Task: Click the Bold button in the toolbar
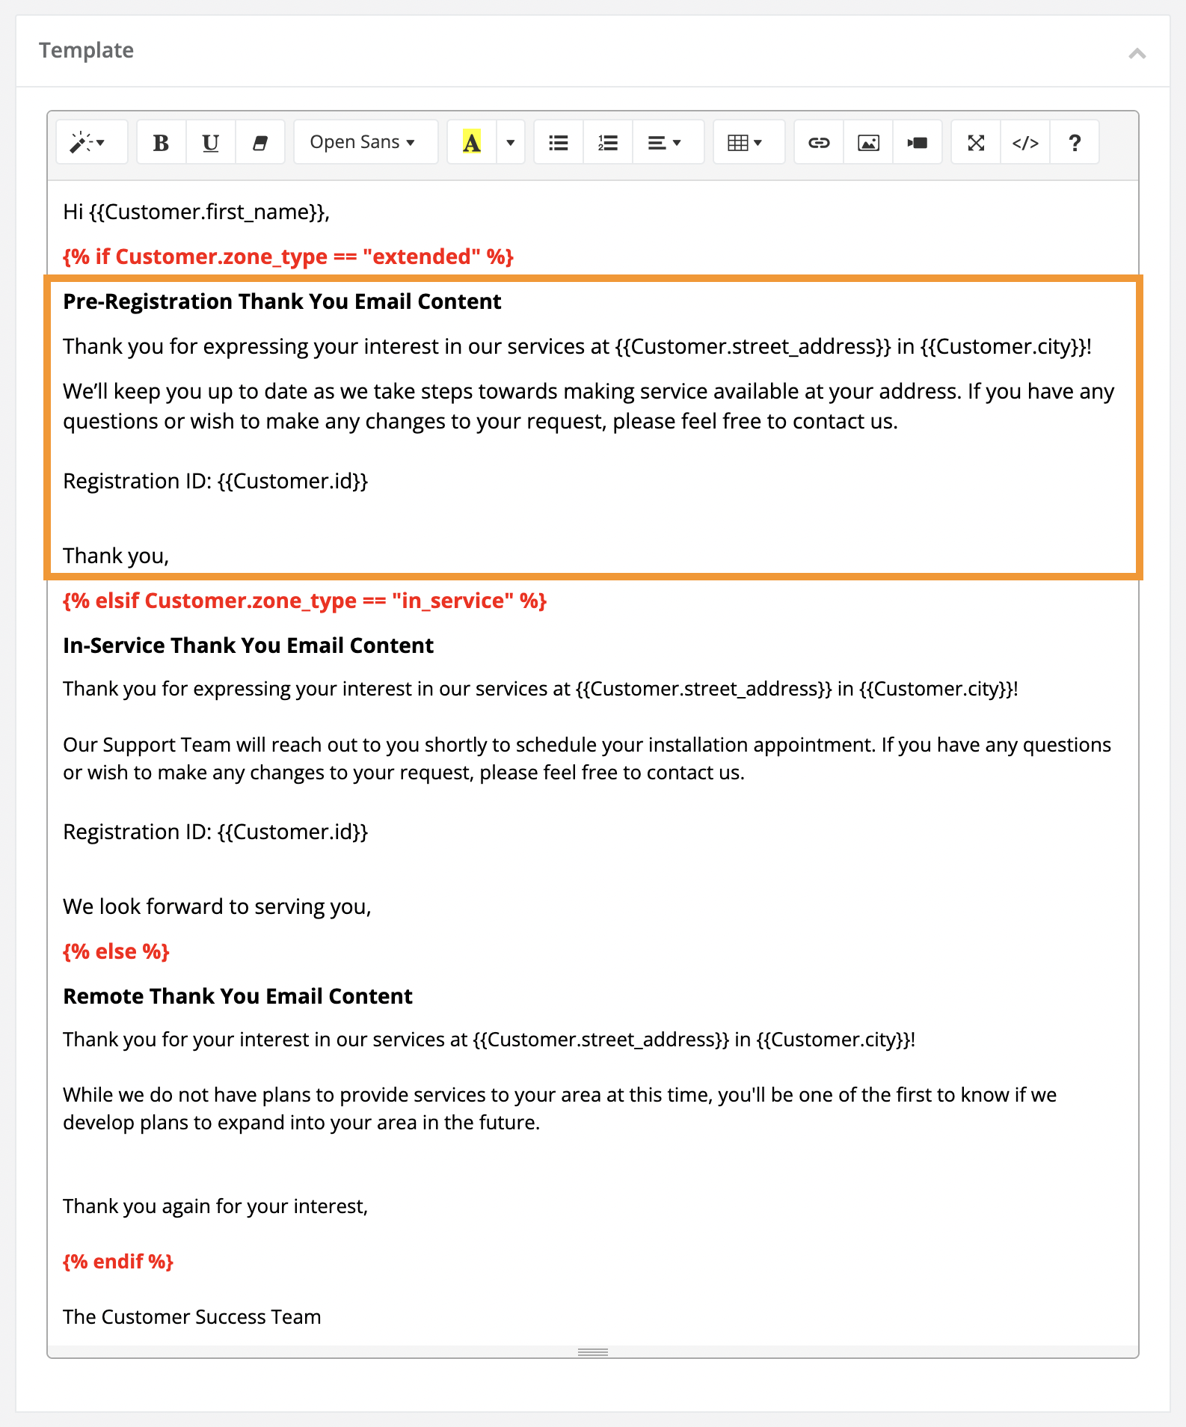[x=161, y=142]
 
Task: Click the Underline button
[x=211, y=142]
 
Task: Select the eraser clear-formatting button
[x=260, y=142]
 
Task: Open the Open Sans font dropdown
[x=363, y=142]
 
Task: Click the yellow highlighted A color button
[x=472, y=142]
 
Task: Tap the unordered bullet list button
[x=559, y=142]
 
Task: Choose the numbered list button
[x=608, y=142]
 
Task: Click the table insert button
[x=745, y=142]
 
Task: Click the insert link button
[x=819, y=142]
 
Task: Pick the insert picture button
[x=868, y=142]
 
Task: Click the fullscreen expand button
[x=976, y=142]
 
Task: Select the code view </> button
[x=1025, y=142]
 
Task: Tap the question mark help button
[x=1075, y=142]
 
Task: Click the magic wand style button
[x=87, y=142]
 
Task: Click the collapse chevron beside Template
[x=1137, y=53]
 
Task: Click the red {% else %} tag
[x=117, y=951]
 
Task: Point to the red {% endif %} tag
[x=118, y=1262]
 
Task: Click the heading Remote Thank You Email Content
[x=238, y=996]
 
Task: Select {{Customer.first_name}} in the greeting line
[x=208, y=212]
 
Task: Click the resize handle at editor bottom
[x=593, y=1352]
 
